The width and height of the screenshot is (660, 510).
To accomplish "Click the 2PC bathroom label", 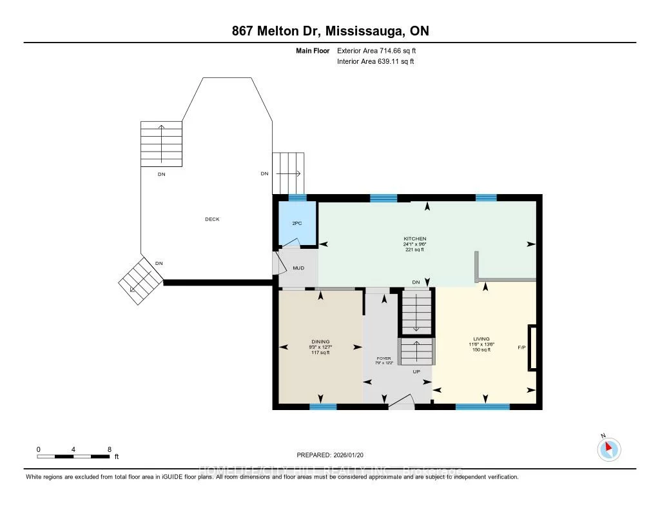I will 296,222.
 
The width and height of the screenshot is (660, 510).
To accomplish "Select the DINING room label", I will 320,342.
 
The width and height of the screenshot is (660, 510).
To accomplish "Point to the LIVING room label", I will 481,339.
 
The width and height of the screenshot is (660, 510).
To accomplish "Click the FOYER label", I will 384,357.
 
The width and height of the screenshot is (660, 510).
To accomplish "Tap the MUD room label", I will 298,268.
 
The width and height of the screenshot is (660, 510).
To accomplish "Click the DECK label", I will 212,219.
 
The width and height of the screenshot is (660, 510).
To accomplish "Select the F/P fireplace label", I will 521,348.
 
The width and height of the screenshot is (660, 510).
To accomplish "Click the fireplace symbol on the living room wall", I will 532,348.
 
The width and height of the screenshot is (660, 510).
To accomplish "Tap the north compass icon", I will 608,448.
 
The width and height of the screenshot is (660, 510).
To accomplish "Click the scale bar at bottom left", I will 73,456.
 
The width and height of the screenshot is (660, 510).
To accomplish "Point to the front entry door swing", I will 402,404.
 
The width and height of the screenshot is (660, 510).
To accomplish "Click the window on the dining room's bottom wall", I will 323,407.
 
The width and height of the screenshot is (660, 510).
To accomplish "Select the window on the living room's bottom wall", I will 482,407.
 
